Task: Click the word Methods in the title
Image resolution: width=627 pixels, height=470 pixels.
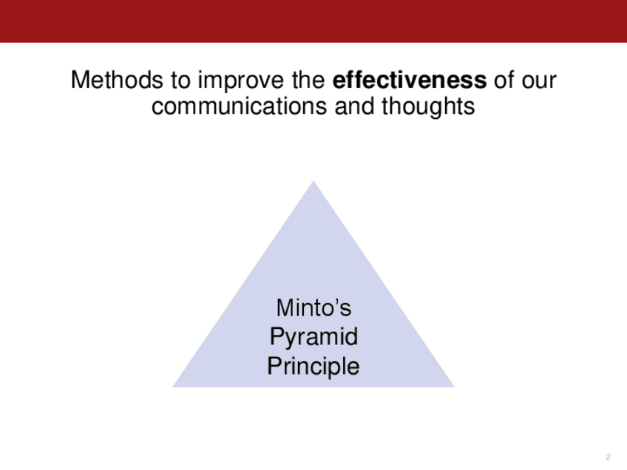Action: pos(117,80)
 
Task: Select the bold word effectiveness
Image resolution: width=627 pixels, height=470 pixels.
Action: pos(410,80)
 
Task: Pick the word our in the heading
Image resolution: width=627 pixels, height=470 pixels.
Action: pos(538,81)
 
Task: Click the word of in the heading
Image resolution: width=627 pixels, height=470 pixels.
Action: pos(504,80)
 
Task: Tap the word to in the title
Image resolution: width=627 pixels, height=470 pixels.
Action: pos(180,80)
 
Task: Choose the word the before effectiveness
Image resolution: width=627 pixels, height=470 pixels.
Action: pos(308,80)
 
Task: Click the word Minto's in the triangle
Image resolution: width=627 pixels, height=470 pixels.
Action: pos(314,307)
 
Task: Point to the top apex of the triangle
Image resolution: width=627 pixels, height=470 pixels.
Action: pos(313,181)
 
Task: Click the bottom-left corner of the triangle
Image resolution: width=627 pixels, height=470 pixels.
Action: pos(173,387)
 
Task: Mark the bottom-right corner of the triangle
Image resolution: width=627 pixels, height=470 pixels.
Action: pos(454,387)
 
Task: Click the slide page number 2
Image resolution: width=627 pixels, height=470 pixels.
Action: pos(609,457)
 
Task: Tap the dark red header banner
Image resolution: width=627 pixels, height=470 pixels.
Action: pos(313,21)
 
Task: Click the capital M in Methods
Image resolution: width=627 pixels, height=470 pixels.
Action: pos(79,80)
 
